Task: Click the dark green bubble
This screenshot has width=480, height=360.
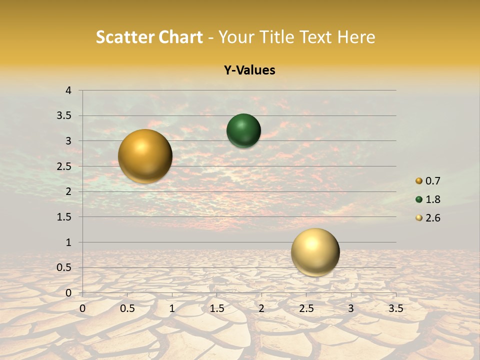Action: coord(243,131)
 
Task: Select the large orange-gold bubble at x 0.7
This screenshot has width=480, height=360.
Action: coord(145,156)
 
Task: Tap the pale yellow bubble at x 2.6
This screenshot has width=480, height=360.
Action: coord(315,252)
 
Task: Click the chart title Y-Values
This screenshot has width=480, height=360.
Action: coord(249,70)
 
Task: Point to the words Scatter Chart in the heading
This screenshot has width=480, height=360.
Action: coord(149,37)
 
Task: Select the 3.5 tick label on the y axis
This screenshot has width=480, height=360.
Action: coord(65,116)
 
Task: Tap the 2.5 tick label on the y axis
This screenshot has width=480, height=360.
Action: coord(65,166)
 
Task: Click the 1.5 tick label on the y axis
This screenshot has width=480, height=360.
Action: coord(65,217)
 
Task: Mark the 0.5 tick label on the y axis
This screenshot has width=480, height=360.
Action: coord(65,267)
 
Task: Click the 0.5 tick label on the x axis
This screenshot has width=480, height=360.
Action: coord(127,308)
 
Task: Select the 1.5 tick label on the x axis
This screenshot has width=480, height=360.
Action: coord(217,308)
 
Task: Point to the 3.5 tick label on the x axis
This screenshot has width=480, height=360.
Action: coord(395,308)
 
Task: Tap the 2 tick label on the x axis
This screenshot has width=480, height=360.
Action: coord(261,308)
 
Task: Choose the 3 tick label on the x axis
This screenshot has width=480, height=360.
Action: coord(351,308)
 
